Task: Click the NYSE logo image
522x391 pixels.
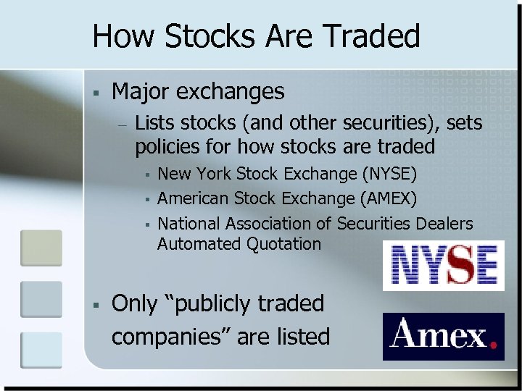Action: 443,265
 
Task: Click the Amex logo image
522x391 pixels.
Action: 443,337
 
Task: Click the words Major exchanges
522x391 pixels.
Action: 198,91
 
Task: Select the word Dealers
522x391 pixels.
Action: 444,224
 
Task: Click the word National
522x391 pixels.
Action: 189,224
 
